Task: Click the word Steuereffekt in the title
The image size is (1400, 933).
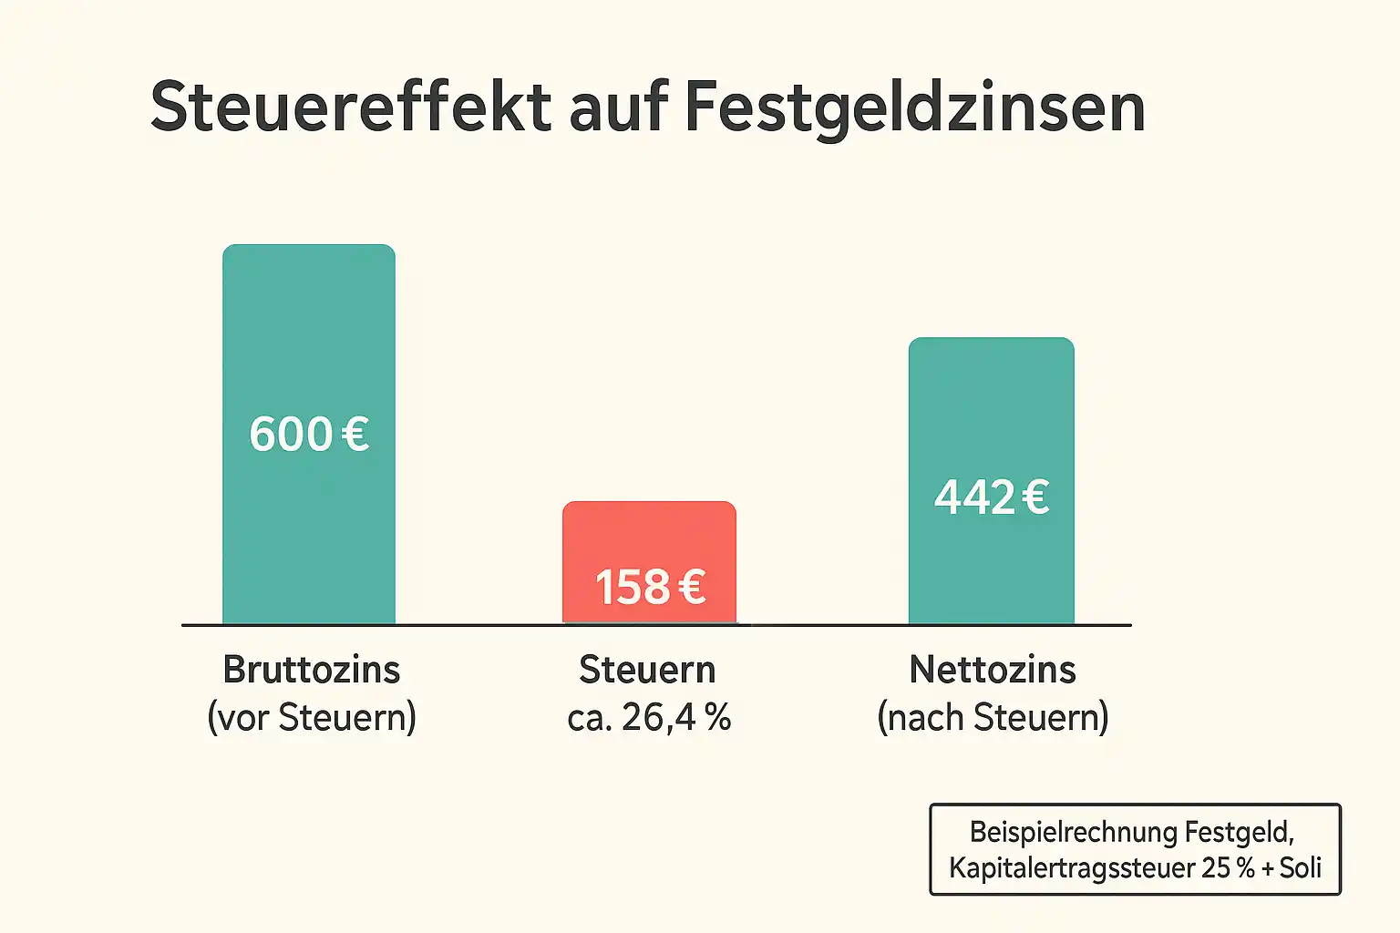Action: [x=351, y=108]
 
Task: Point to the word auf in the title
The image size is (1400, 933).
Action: [x=619, y=108]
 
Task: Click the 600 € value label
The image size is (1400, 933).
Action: [x=309, y=434]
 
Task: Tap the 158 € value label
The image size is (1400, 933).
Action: [x=650, y=587]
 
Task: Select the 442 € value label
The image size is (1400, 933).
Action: [x=992, y=497]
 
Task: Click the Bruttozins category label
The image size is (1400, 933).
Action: [x=312, y=670]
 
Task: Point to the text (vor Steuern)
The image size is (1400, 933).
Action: [x=312, y=718]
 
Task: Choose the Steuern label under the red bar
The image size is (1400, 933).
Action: [x=648, y=670]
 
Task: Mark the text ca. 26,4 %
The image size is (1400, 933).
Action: [x=649, y=718]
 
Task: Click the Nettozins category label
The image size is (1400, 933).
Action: [x=993, y=670]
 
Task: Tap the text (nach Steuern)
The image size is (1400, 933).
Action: [x=993, y=718]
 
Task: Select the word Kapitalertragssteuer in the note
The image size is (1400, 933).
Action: [x=1071, y=867]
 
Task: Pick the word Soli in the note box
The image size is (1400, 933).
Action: [x=1301, y=867]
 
